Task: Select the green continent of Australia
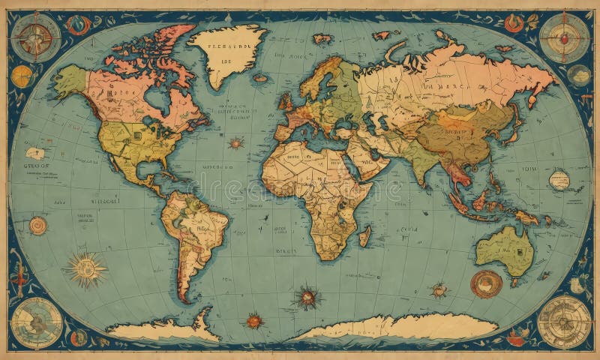click(x=504, y=251)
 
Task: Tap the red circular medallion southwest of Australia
click(x=486, y=283)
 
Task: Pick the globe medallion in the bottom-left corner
click(x=36, y=321)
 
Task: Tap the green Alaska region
click(x=71, y=80)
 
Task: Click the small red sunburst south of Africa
click(x=307, y=297)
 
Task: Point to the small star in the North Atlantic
click(x=237, y=142)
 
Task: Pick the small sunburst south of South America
click(x=255, y=321)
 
